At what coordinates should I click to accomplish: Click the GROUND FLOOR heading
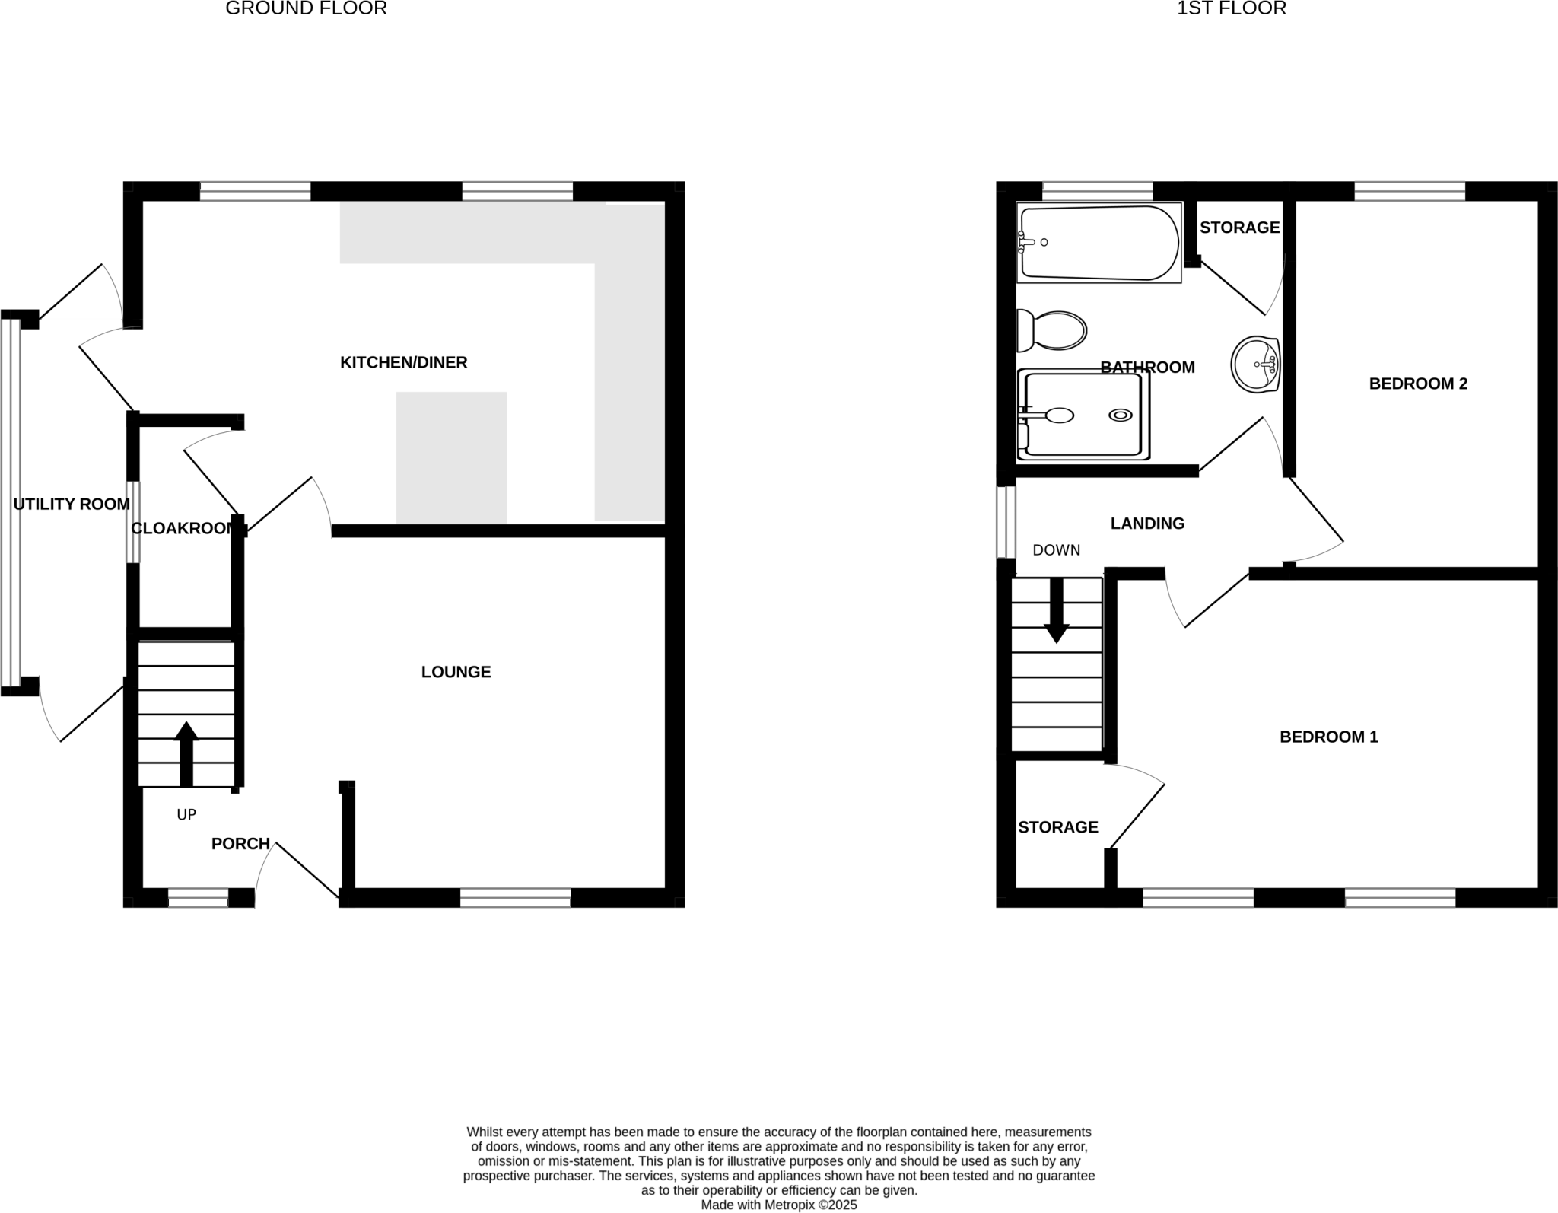306,9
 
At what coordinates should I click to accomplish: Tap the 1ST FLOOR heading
1232,9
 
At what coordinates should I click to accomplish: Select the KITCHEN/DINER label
403,362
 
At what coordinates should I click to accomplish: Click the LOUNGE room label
456,672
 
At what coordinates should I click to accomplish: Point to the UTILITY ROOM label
72,504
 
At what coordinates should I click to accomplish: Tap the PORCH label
240,843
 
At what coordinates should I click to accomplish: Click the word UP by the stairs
186,814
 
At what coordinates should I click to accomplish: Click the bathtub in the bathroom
1099,243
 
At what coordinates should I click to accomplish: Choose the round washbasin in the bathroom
1255,365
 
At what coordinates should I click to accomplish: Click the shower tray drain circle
1121,415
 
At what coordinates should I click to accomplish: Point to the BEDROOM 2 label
1418,384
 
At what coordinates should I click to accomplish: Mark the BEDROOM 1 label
1328,737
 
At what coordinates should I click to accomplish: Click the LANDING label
1147,524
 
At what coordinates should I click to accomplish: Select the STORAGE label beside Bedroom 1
1058,827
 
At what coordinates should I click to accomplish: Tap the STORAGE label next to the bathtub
1239,228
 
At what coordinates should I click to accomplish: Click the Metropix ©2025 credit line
779,1205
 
